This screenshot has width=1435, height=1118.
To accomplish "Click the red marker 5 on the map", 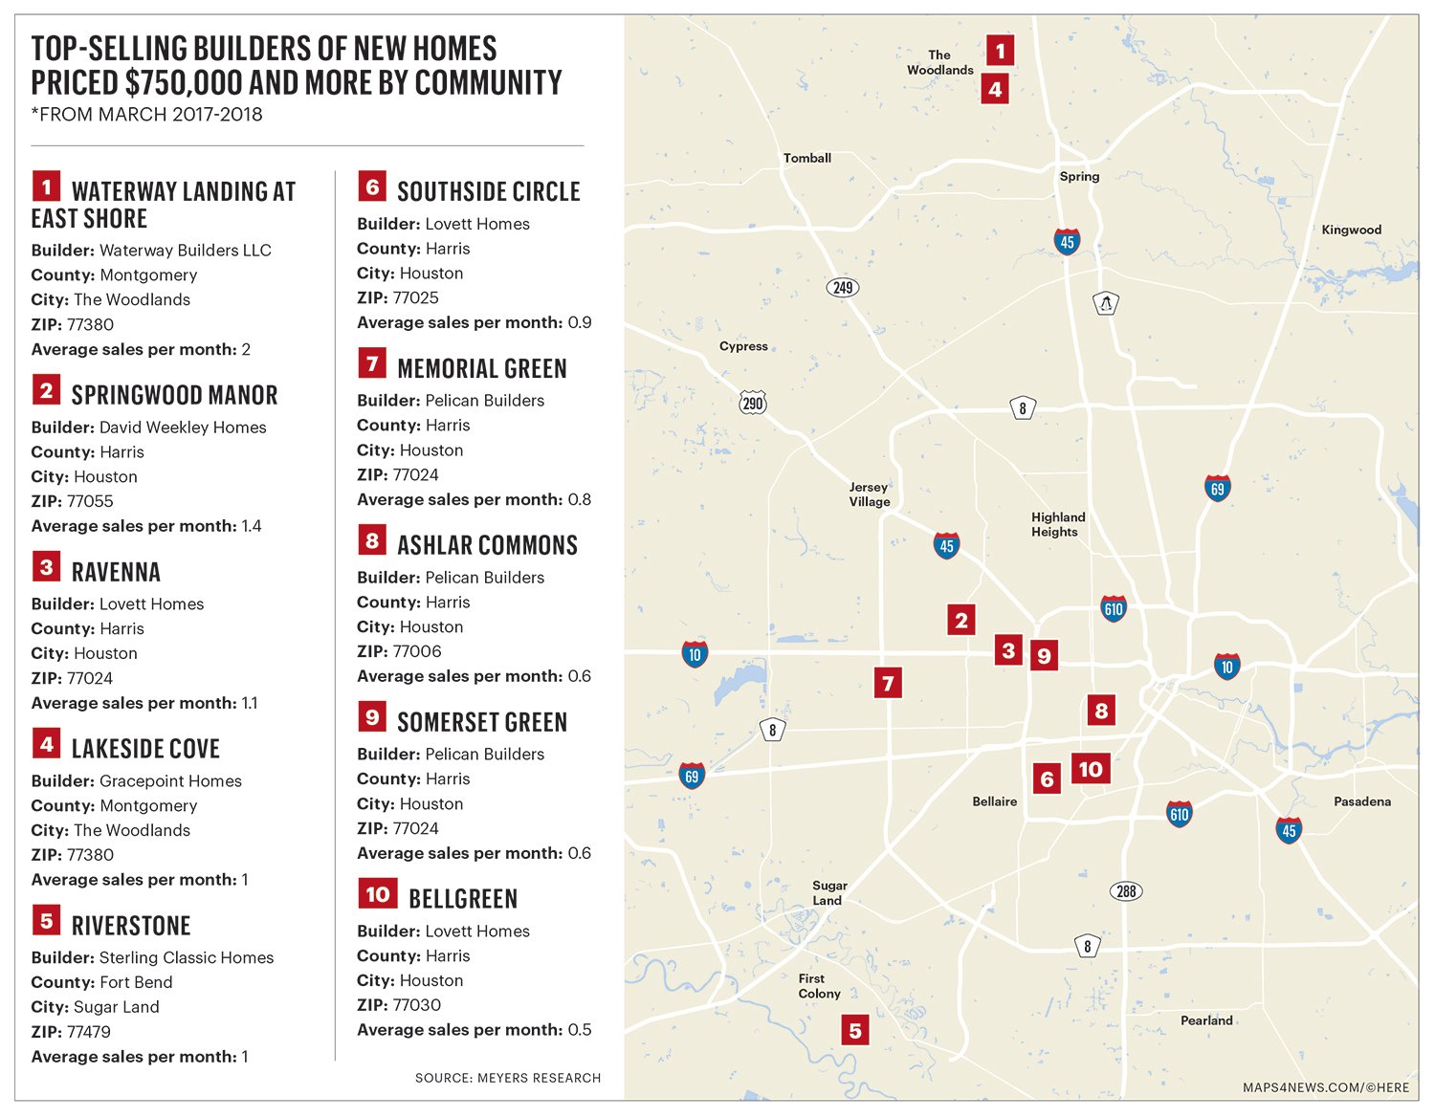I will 855,1030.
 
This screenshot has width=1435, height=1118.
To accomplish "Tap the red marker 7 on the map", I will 888,683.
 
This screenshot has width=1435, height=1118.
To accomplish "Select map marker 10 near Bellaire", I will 1091,769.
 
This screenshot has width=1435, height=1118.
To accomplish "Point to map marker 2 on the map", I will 961,620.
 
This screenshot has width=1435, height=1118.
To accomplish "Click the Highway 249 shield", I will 843,287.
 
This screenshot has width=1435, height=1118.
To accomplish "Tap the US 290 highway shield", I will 753,403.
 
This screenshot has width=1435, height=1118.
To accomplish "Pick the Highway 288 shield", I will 1126,891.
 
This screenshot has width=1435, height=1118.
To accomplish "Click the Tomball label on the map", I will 806,158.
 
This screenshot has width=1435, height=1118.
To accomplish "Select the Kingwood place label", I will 1351,230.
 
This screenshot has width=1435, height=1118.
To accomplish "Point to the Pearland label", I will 1205,1020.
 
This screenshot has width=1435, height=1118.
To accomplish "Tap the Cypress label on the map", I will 743,346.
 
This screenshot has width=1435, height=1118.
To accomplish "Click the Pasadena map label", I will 1361,801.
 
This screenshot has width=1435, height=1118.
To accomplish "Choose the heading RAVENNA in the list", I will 116,572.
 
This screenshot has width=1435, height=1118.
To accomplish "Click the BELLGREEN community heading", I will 463,899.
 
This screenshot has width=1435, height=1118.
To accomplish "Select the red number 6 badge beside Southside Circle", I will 372,186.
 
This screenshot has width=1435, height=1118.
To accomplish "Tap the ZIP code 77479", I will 89,1032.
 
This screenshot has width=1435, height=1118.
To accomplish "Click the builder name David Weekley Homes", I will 183,427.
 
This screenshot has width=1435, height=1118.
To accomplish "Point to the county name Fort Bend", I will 136,982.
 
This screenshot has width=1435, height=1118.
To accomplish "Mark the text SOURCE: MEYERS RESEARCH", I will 508,1078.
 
